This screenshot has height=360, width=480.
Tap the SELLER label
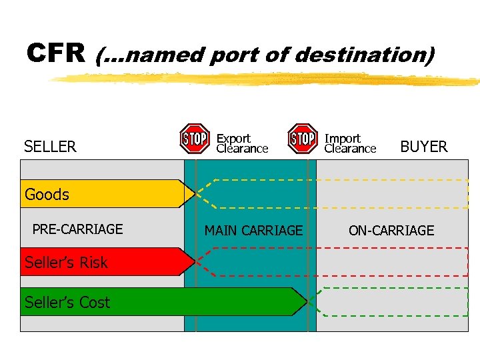(x=50, y=147)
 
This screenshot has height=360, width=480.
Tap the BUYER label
(x=423, y=147)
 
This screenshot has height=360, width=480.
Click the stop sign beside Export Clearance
(x=195, y=139)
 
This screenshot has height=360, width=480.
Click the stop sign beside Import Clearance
(x=302, y=139)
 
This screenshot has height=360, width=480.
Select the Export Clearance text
(x=241, y=143)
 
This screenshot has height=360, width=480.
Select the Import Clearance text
(x=350, y=143)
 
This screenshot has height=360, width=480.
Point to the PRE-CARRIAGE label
(x=77, y=229)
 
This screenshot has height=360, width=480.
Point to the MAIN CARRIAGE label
(x=253, y=231)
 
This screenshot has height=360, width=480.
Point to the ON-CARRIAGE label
(x=391, y=231)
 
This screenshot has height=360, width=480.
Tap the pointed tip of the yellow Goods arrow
(x=193, y=194)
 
